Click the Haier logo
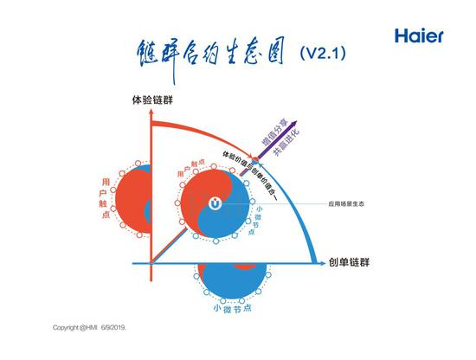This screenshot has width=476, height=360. coord(419,35)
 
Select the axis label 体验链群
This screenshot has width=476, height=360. coord(151,100)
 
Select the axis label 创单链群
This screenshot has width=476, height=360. coord(351,261)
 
